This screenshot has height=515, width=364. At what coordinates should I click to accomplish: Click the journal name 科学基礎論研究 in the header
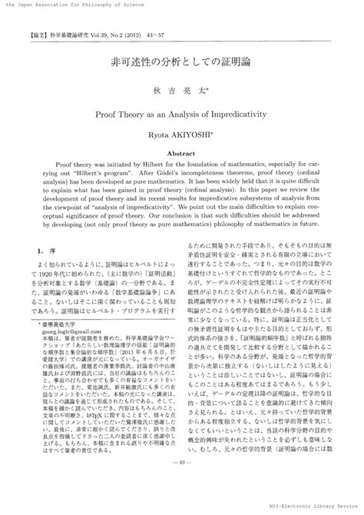pos(68,35)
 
